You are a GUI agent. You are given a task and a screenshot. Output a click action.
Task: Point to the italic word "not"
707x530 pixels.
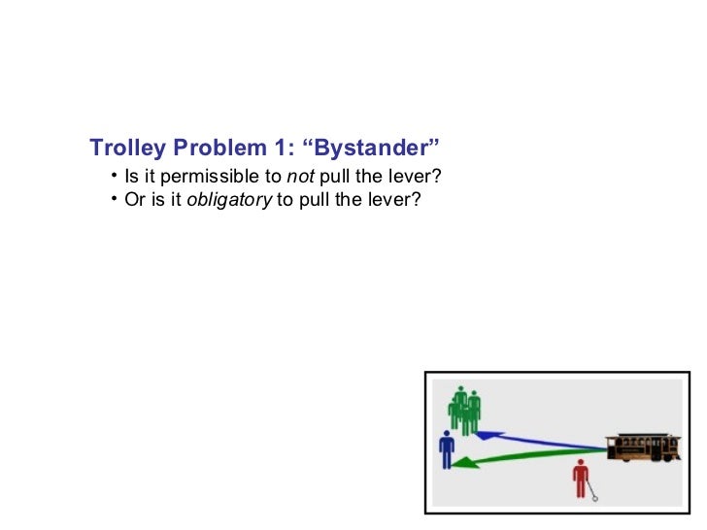coord(298,177)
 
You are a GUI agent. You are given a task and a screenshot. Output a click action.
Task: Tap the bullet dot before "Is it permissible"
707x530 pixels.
coord(115,176)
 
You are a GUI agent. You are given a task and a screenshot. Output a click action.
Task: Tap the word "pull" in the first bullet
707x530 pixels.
coord(347,177)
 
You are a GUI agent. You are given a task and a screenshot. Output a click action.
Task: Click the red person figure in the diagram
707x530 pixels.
coord(581,478)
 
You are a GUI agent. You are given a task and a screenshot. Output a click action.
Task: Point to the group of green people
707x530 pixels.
coord(465,409)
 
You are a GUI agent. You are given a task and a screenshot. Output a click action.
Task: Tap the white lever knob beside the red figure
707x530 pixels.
coord(595,499)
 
